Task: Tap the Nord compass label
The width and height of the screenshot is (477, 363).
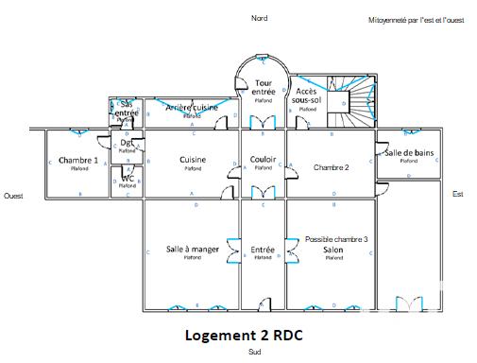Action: (x=258, y=18)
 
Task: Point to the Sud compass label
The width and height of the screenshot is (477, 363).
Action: (x=254, y=353)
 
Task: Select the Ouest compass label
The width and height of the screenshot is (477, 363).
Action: (x=13, y=196)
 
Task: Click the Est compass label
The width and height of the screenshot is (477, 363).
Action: (x=458, y=194)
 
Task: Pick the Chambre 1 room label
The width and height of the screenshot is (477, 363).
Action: (x=78, y=161)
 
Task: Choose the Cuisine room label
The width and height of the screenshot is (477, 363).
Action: (x=193, y=160)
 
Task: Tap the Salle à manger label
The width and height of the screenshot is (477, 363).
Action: (x=193, y=250)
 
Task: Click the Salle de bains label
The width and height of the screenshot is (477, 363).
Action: (x=409, y=153)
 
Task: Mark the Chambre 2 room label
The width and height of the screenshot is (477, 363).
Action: (x=332, y=167)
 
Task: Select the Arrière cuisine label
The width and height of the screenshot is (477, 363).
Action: (x=192, y=109)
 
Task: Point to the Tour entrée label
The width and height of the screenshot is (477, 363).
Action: (x=264, y=86)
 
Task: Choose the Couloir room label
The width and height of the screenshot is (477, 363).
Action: (x=264, y=160)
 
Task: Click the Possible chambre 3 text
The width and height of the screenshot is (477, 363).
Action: (x=336, y=240)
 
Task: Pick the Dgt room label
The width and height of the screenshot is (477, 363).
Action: (x=127, y=143)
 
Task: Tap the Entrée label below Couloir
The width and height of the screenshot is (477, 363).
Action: (x=263, y=250)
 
